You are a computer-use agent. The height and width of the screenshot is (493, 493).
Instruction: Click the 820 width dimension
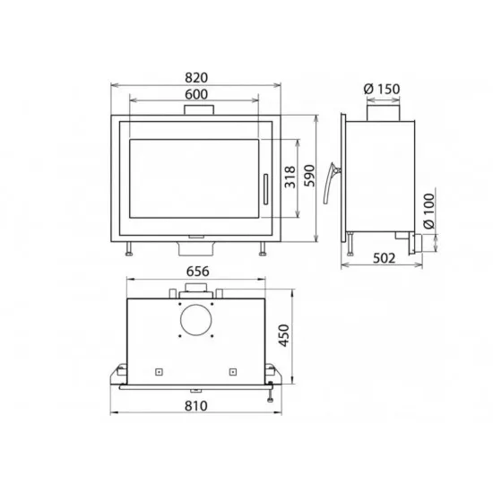(x=196, y=78)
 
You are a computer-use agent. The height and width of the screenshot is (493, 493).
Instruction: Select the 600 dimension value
(x=196, y=94)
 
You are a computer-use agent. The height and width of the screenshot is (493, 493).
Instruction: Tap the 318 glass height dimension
(x=290, y=177)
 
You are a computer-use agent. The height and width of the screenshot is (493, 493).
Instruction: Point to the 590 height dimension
(x=309, y=176)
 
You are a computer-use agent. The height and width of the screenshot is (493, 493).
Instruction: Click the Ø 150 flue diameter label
(x=382, y=89)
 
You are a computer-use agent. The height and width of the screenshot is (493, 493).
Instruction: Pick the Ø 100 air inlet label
(x=428, y=211)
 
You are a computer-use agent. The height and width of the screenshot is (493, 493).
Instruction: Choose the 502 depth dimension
(x=384, y=258)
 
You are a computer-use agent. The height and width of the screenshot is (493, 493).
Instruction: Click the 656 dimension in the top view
(x=197, y=272)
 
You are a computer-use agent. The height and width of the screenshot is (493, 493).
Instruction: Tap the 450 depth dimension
(x=284, y=335)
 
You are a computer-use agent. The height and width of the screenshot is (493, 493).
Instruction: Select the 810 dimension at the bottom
(x=196, y=406)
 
